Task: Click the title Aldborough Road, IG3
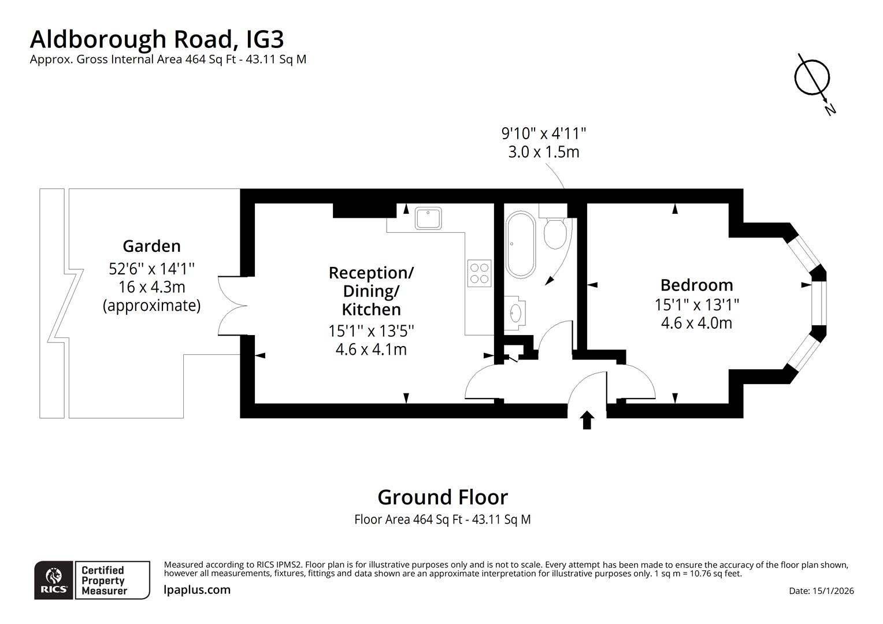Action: [x=157, y=39]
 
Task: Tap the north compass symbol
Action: [x=812, y=78]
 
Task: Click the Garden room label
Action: [x=151, y=246]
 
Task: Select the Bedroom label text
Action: [x=696, y=285]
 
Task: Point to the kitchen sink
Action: [x=428, y=218]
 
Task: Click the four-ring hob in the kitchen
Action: [x=479, y=273]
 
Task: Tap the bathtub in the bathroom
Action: [x=521, y=245]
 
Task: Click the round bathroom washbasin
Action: [x=514, y=313]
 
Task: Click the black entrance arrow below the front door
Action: [x=587, y=420]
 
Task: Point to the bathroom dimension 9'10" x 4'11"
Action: [x=543, y=133]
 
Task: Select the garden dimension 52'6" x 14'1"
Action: [x=151, y=268]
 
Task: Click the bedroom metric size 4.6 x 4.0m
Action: [x=696, y=322]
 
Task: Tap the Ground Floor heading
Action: [x=442, y=497]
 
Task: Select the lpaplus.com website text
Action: [x=197, y=590]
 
